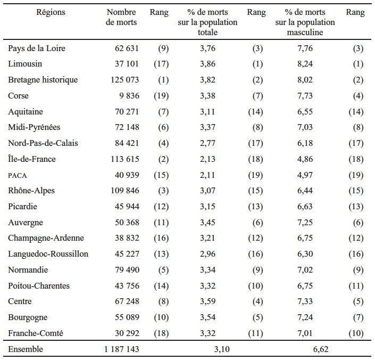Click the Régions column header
tap(51, 12)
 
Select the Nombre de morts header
tap(121, 17)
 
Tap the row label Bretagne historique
tap(43, 80)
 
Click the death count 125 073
tap(124, 80)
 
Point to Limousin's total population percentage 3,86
tap(207, 64)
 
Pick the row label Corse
tap(18, 96)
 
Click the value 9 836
tap(129, 96)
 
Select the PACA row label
tap(17, 175)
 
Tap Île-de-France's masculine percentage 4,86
tap(305, 159)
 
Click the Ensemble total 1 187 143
tap(121, 349)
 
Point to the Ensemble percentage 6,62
tap(320, 349)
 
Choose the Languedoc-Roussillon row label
tap(48, 254)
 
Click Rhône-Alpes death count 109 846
tap(125, 191)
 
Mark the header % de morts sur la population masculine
tap(305, 22)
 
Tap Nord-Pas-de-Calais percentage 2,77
tap(207, 143)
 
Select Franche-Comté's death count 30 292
tap(127, 333)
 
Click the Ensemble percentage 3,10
tap(222, 349)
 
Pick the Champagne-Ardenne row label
tap(46, 238)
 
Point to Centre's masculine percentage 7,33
tap(305, 301)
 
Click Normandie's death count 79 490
tap(127, 270)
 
